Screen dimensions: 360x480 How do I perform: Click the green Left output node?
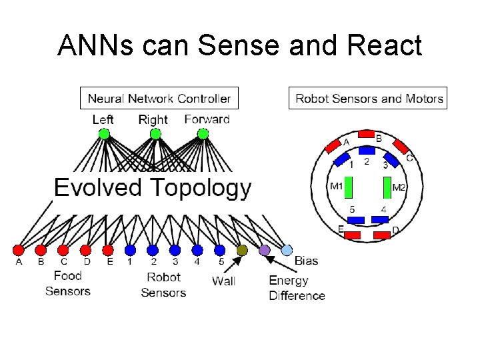103,134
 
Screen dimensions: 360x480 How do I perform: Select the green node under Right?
155,134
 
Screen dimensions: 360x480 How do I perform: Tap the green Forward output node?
203,134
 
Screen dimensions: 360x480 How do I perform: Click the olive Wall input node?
242,250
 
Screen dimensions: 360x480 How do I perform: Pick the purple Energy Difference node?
265,250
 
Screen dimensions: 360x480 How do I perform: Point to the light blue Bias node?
287,250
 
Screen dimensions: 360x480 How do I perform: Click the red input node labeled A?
18,250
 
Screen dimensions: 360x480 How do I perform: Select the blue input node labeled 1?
130,250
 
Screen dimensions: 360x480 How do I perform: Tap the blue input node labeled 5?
220,250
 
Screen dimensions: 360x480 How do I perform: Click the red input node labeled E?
108,250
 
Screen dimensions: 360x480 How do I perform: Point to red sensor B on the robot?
366,133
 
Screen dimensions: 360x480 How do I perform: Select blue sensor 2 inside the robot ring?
366,152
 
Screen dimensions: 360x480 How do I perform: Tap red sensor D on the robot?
382,235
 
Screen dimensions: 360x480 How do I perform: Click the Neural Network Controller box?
159,99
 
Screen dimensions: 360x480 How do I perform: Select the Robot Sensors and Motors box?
369,99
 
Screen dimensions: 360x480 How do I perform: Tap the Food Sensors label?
67,283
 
